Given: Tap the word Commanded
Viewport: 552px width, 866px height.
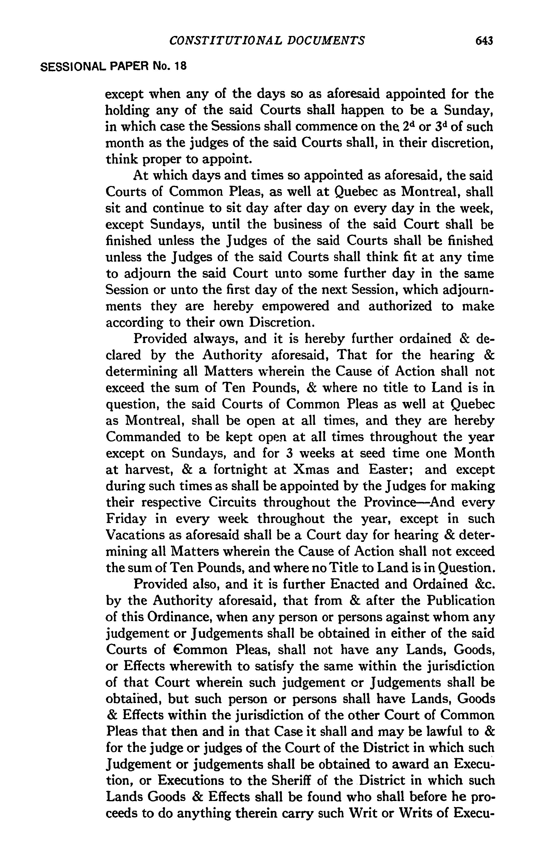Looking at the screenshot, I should tap(143, 437).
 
